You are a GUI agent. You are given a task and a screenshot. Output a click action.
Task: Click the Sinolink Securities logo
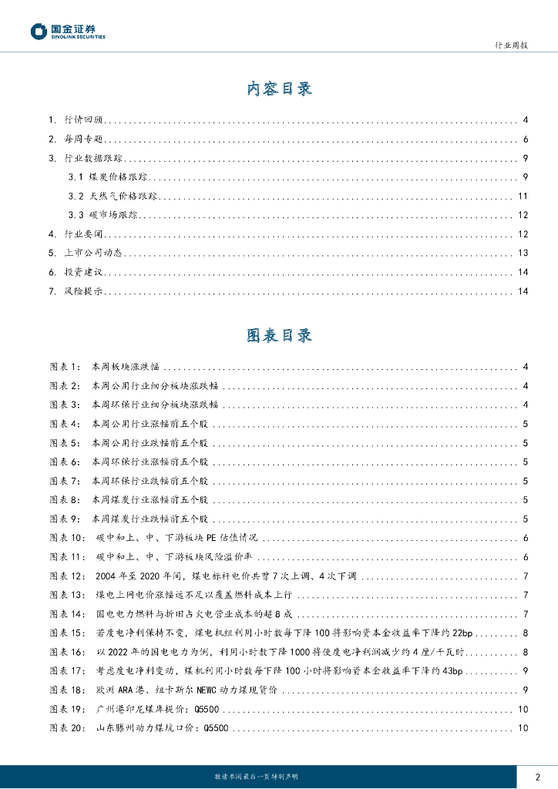coord(68,32)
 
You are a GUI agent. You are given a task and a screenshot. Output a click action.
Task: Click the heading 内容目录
coord(279,89)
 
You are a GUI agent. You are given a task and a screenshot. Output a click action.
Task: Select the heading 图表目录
coord(279,336)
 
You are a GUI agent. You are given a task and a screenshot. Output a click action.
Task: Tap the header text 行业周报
coord(510,45)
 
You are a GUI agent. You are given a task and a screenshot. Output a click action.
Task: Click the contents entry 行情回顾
coord(84,120)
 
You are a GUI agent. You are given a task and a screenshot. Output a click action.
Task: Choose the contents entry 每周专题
coord(84,139)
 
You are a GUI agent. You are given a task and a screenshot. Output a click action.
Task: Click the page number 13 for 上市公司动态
coord(523,253)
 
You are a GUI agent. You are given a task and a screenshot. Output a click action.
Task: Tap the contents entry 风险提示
coord(84,291)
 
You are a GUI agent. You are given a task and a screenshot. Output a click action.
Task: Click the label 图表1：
coord(65,367)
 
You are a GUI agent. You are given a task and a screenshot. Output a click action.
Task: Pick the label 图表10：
coord(68,538)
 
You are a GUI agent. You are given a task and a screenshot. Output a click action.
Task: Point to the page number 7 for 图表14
coord(524,614)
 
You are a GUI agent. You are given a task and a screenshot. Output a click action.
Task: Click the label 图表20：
coord(68,728)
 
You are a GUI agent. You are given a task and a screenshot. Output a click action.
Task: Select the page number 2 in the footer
coord(537,777)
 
